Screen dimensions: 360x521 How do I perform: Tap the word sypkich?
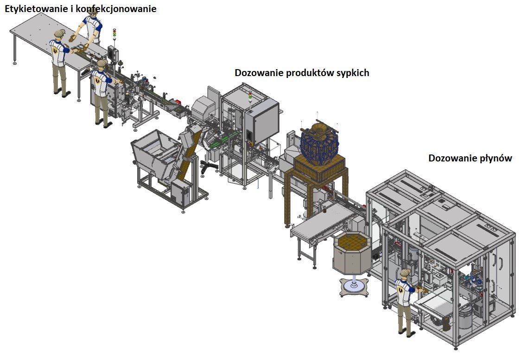coord(352,73)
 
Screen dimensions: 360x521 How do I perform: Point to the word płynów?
coord(495,159)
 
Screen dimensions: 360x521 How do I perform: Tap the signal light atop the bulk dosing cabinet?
coord(251,96)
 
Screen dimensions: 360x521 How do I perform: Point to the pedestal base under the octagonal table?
coord(355,288)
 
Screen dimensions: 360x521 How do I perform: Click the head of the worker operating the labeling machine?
coord(102,64)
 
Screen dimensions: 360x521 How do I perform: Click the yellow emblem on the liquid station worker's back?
coord(401,291)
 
